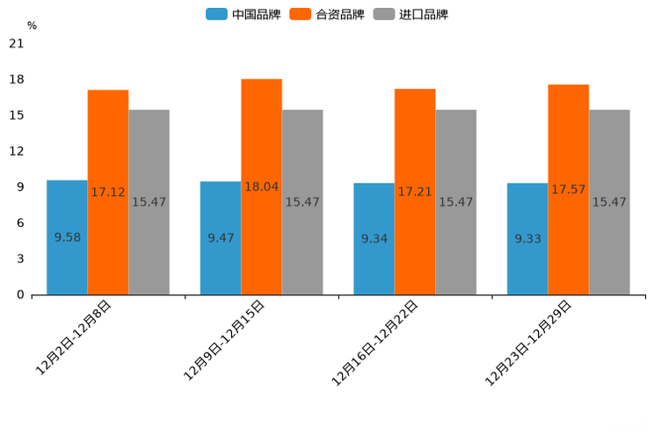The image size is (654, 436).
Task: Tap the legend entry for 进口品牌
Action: point(411,14)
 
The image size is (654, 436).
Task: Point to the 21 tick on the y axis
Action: point(16,43)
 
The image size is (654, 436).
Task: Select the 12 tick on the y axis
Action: point(16,151)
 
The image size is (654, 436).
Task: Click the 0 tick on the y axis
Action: point(20,294)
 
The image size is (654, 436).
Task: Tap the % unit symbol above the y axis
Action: point(32,25)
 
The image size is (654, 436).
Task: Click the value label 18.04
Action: point(262,186)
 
